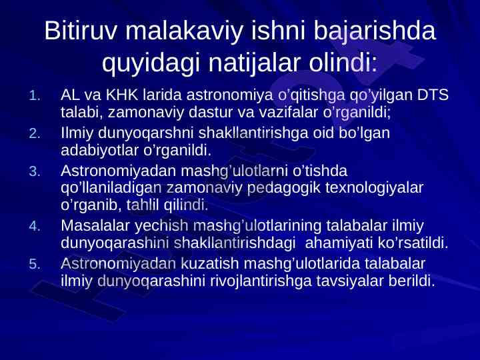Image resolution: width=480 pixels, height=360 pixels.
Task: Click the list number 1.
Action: [x=35, y=96]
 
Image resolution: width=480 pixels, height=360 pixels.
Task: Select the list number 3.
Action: [x=35, y=171]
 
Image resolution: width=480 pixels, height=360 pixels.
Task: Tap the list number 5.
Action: [x=35, y=264]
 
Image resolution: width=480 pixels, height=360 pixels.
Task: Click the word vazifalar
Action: [x=287, y=113]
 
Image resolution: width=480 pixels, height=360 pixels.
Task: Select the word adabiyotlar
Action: [x=100, y=151]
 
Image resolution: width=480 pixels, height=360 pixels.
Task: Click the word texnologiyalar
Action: [x=374, y=188]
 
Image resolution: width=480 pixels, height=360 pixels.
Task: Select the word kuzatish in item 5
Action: [x=210, y=263]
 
